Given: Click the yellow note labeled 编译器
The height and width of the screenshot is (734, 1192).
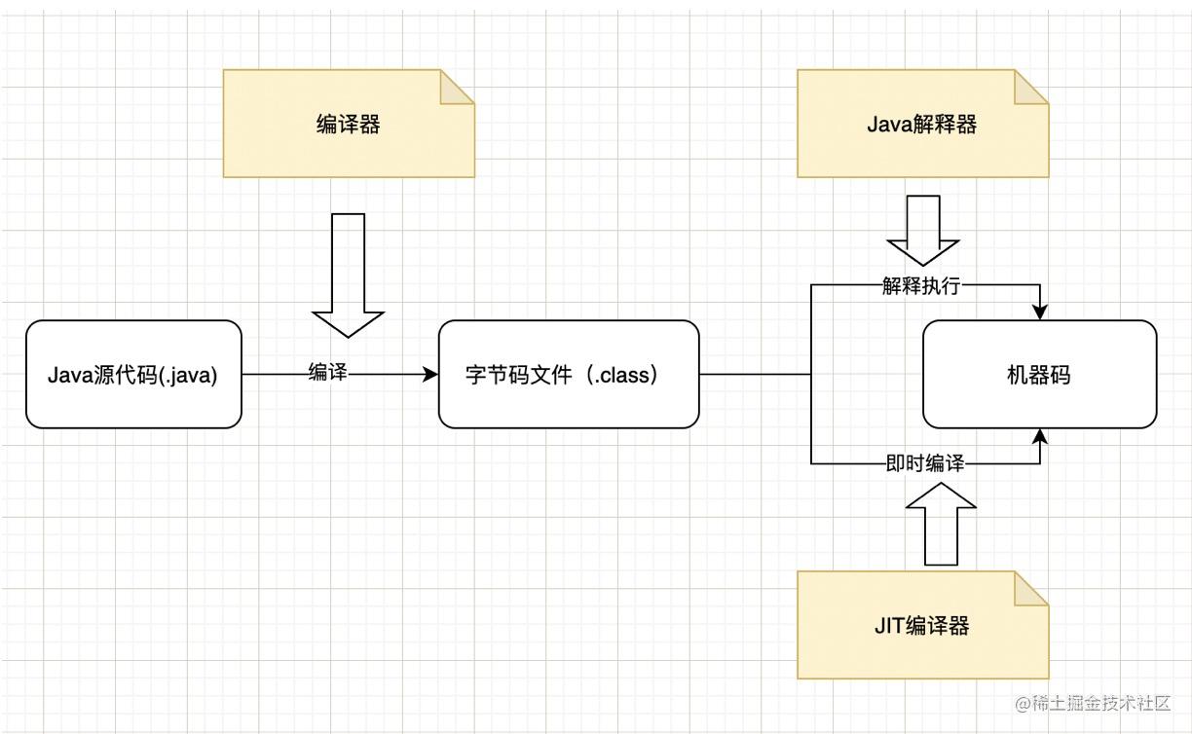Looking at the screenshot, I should tap(348, 124).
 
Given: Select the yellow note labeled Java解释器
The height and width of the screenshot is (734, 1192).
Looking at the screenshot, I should tap(921, 124).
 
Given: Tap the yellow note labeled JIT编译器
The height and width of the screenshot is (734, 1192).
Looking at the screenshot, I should tap(921, 625).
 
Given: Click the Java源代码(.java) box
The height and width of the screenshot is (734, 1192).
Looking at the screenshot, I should tap(133, 374).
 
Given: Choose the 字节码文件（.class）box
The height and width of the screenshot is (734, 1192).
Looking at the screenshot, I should tap(569, 374).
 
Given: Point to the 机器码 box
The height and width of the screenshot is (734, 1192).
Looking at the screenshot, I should tap(1039, 374).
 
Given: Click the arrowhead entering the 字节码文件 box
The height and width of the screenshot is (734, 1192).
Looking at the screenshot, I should tap(431, 374).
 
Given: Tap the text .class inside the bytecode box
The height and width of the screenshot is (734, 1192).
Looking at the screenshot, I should tap(622, 375).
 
